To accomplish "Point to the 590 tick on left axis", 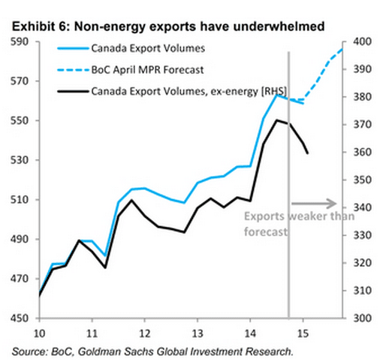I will (20, 42).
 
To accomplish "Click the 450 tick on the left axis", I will (20, 319).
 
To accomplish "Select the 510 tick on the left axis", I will (20, 200).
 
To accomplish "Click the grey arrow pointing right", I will (312, 202).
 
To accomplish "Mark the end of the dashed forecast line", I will (342, 48).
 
